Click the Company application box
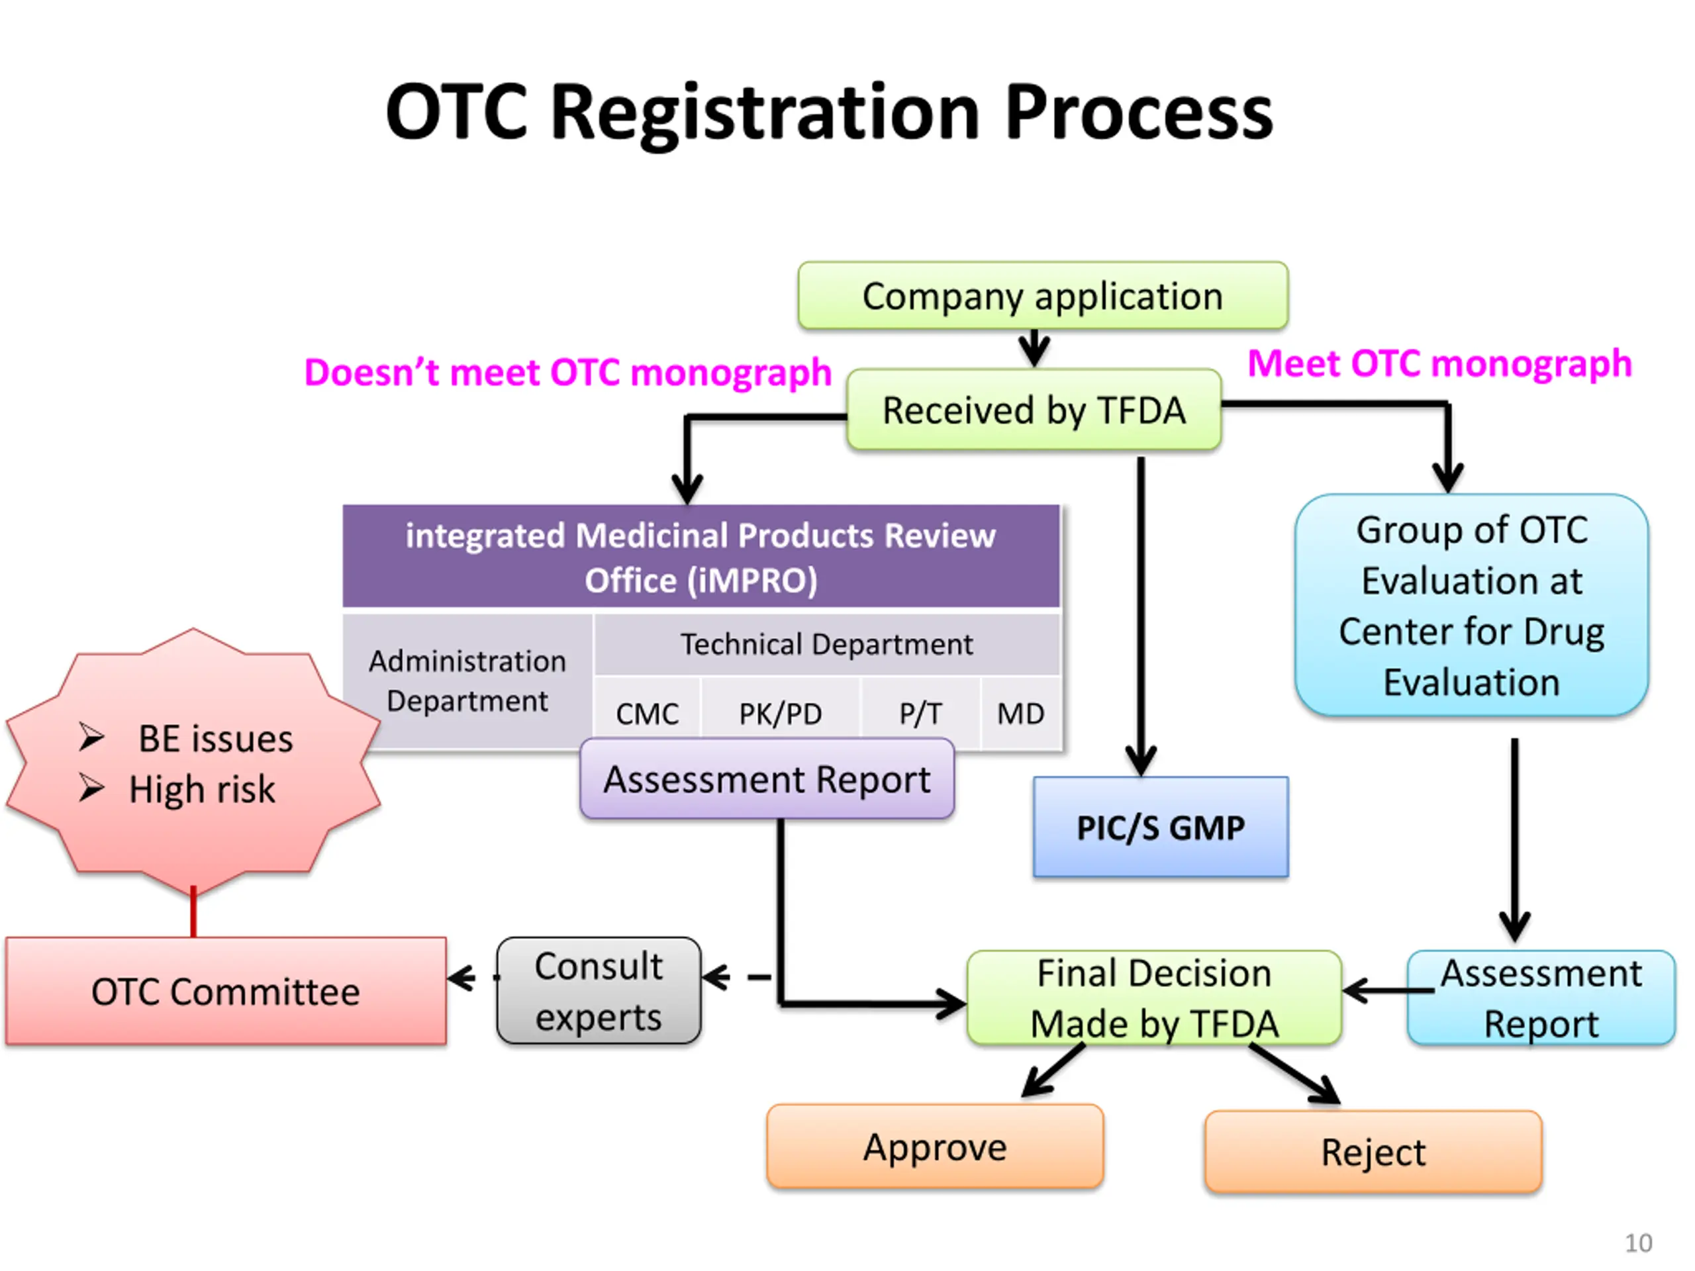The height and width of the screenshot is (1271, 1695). [1042, 296]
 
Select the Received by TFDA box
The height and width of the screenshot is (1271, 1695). [1034, 410]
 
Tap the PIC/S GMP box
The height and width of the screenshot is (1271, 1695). [1160, 827]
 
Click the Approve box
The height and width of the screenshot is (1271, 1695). [935, 1147]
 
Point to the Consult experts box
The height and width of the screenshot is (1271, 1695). [599, 990]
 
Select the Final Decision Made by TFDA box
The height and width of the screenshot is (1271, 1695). [1154, 998]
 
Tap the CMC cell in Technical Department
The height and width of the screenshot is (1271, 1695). [647, 713]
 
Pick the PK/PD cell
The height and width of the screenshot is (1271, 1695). [780, 713]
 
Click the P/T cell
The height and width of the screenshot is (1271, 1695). [920, 713]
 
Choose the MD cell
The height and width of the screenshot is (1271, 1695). [1020, 713]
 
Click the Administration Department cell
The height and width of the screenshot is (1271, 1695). [467, 681]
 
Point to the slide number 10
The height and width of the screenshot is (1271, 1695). [1638, 1243]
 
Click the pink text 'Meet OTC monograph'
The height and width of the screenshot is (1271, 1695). [1439, 363]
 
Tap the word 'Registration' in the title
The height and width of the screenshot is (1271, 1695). [765, 113]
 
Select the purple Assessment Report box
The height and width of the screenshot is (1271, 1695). [767, 779]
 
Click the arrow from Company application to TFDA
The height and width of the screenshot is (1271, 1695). [1034, 350]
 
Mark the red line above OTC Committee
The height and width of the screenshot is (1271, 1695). [193, 912]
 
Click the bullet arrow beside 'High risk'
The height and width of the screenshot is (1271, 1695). [91, 788]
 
